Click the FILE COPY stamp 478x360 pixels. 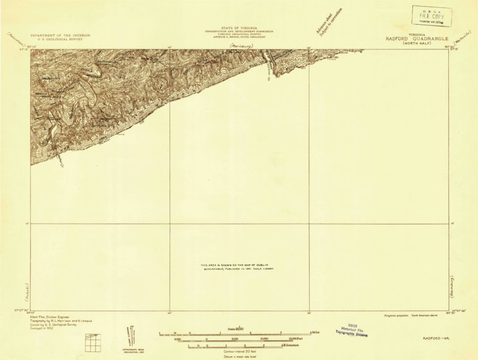point(432,16)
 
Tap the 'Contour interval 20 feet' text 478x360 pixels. point(226,351)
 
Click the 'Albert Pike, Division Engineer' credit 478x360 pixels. point(49,316)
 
